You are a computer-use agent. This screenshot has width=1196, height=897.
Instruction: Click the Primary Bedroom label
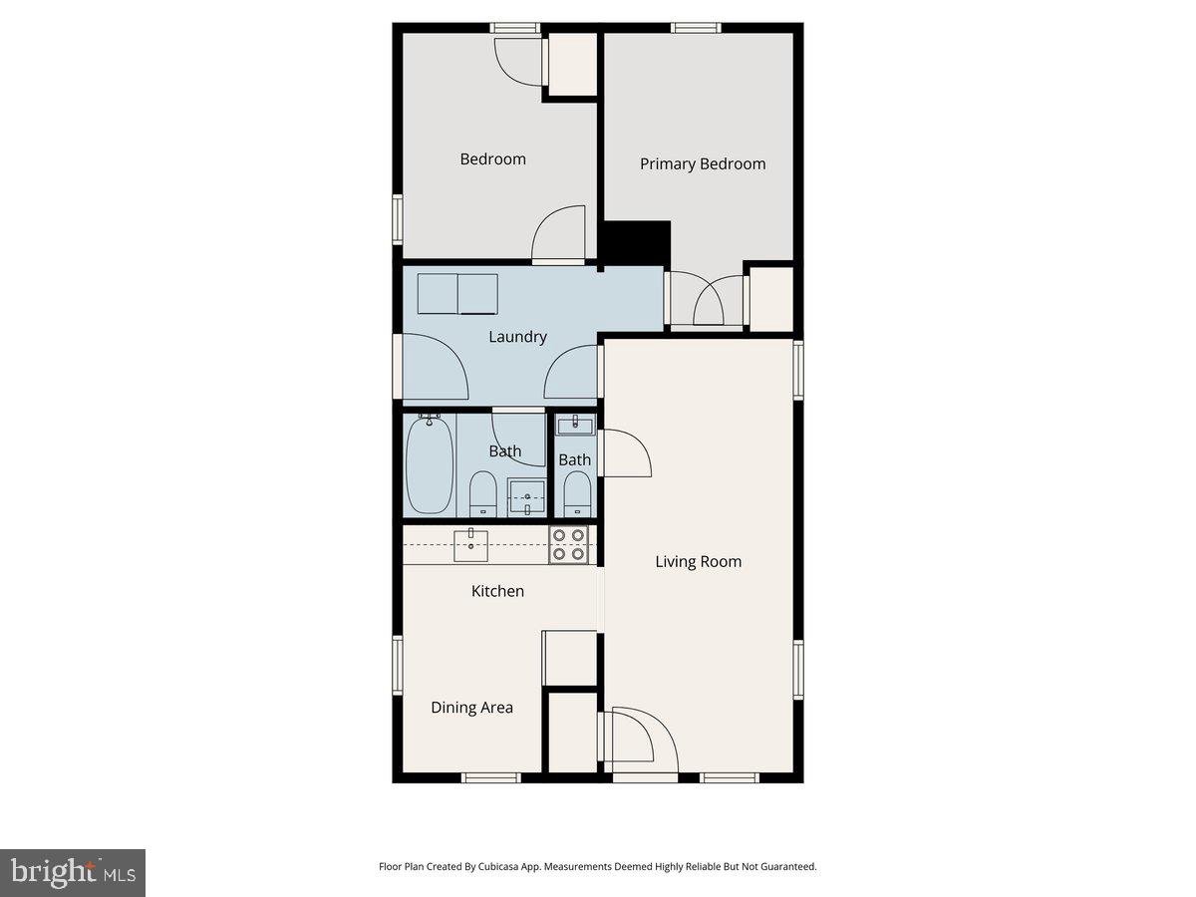tap(703, 164)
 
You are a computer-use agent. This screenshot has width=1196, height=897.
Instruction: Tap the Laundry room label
tap(517, 337)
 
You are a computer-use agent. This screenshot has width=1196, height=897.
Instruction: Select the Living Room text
tap(698, 561)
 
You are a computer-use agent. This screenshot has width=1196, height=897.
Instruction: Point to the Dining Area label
tap(471, 708)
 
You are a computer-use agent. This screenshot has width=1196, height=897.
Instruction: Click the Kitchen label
tap(497, 591)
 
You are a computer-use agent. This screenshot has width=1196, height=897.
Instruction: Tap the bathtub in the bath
tap(430, 465)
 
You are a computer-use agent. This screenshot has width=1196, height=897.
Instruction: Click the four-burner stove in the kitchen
tap(569, 544)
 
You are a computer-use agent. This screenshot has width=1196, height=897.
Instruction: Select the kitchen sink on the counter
tap(470, 544)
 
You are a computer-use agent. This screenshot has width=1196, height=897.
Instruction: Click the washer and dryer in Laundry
tap(457, 293)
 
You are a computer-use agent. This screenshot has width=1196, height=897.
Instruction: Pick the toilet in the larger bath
tap(483, 493)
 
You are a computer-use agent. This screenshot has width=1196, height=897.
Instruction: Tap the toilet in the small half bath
tap(575, 492)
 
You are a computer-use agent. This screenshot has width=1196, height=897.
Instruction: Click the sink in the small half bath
tap(574, 426)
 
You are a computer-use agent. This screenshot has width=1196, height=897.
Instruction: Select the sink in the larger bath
tap(527, 494)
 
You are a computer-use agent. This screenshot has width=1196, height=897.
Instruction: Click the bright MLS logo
tap(73, 873)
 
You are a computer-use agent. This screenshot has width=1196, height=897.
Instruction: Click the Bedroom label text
tap(492, 159)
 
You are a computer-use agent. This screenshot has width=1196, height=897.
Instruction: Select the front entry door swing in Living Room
tap(640, 740)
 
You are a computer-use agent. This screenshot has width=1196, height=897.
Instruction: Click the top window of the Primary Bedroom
tap(696, 27)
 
